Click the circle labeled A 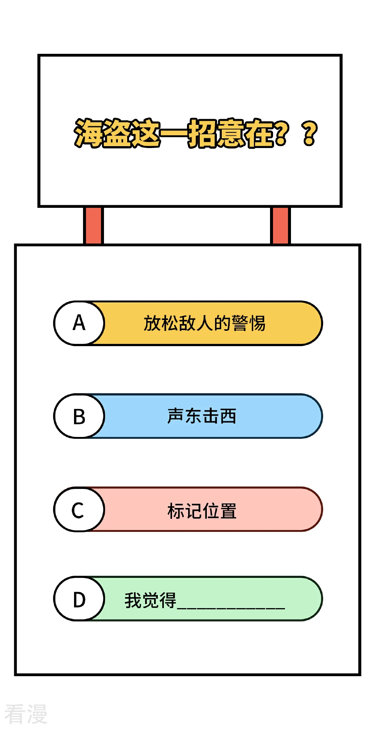pos(79,323)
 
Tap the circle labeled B pos(79,416)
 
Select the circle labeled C pos(79,509)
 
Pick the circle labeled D pos(79,599)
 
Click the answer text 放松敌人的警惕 pos(205,323)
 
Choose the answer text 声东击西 pos(202,416)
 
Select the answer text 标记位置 pos(202,511)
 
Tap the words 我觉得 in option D pos(150,600)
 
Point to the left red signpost pos(93,225)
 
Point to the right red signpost pos(280,225)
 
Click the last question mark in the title pos(310,133)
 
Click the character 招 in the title pos(202,133)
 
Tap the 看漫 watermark pos(26,714)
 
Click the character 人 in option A pos(205,323)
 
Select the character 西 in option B pos(228,416)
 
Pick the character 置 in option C pos(228,511)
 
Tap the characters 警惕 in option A pos(248,323)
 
